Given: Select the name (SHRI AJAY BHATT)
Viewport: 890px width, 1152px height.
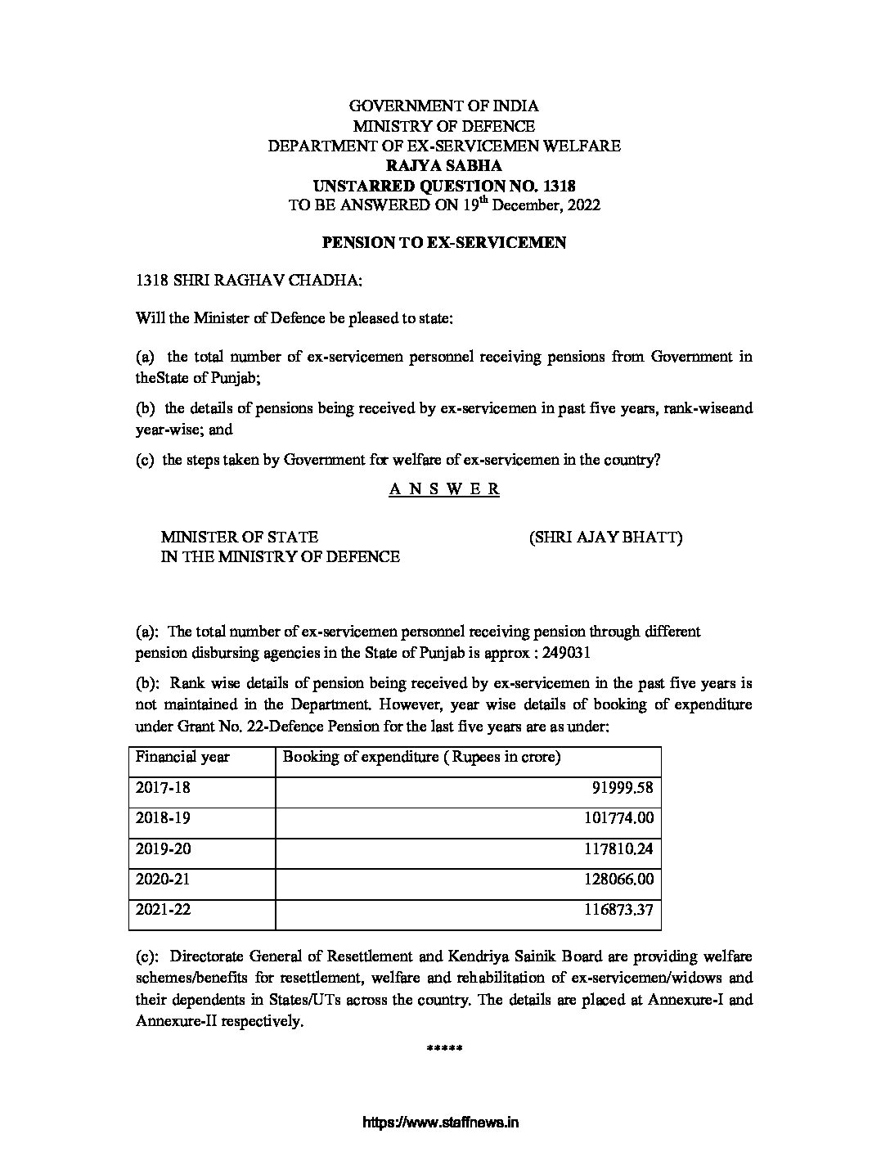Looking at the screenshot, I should point(605,538).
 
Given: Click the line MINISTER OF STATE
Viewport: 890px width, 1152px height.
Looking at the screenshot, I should point(239,538).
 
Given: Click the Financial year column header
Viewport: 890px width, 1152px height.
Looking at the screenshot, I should point(182,757).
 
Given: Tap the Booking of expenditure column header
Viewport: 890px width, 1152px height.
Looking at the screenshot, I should point(421,757).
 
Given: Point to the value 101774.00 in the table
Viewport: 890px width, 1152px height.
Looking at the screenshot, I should point(618,818).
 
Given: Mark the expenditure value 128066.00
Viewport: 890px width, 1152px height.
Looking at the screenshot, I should point(618,880).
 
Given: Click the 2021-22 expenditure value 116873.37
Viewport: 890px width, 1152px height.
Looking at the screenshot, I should point(618,910).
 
